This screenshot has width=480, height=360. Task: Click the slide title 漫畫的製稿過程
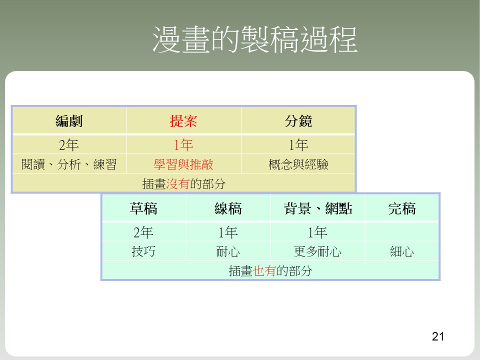pos(254,39)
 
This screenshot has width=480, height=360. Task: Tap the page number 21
pos(438,336)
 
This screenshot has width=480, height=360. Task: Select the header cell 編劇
pos(69,121)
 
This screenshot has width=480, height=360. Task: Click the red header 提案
pos(183,121)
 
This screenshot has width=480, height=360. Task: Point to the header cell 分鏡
pos(298,121)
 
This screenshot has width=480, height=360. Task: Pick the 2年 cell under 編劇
pos(69,145)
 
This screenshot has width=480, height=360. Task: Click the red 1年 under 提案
pos(183,145)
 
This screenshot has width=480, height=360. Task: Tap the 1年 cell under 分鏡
pos(298,145)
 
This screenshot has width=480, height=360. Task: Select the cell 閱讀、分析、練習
pos(69,164)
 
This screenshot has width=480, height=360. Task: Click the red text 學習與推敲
pos(183,164)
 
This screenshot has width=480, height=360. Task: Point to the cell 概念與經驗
pos(298,164)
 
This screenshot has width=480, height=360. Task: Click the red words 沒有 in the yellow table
pos(178,184)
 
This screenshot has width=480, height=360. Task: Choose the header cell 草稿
pos(143,209)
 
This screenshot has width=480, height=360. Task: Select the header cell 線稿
pos(228,209)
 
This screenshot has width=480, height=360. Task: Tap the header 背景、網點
pos(318,209)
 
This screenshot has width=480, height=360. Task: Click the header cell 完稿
pos(402,209)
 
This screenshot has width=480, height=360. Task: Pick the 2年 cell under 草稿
pos(143,232)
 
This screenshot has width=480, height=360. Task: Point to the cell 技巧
pos(143,251)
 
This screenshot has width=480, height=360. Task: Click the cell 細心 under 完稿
pos(402,251)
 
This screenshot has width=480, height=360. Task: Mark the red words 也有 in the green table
pos(265,271)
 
